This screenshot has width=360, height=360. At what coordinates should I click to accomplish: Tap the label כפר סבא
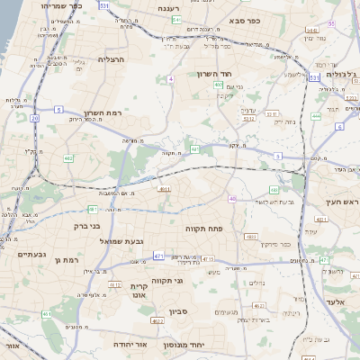245,19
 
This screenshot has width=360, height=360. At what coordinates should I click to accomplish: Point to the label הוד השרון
214,74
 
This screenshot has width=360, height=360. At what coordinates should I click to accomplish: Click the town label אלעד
337,301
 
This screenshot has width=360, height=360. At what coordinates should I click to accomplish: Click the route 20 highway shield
34,118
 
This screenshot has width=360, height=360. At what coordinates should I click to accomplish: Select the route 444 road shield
316,115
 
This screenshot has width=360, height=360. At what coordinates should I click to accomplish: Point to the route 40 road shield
232,199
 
